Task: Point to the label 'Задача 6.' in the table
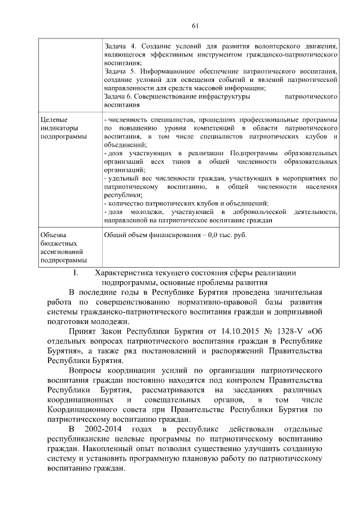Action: pyautogui.click(x=120, y=97)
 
